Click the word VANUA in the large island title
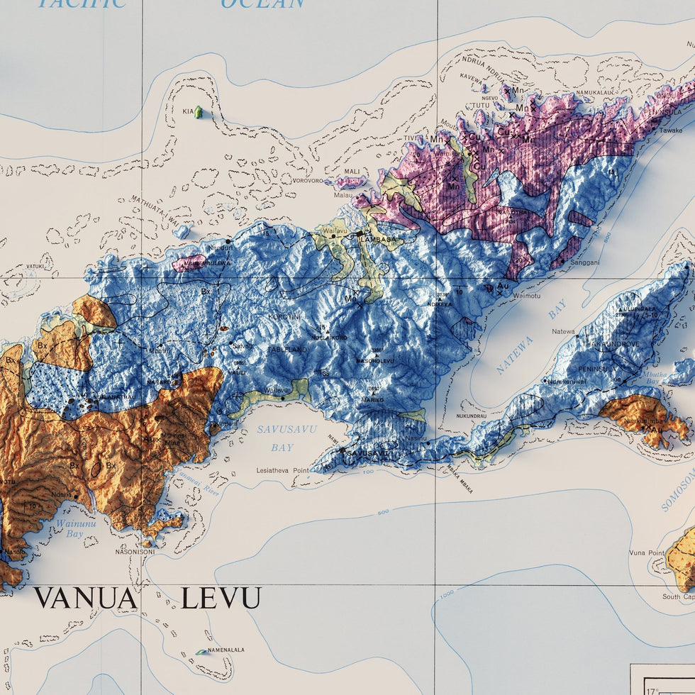click(86, 599)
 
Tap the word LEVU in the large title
click(221, 599)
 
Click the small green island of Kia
click(199, 112)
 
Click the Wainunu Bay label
click(69, 528)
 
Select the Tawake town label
click(671, 130)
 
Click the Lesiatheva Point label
click(283, 470)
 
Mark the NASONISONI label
click(135, 551)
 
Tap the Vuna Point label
click(647, 552)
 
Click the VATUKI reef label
click(35, 267)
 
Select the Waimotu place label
click(526, 295)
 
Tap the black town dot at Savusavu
click(342, 450)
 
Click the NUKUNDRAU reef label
click(471, 416)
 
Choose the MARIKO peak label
click(373, 400)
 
